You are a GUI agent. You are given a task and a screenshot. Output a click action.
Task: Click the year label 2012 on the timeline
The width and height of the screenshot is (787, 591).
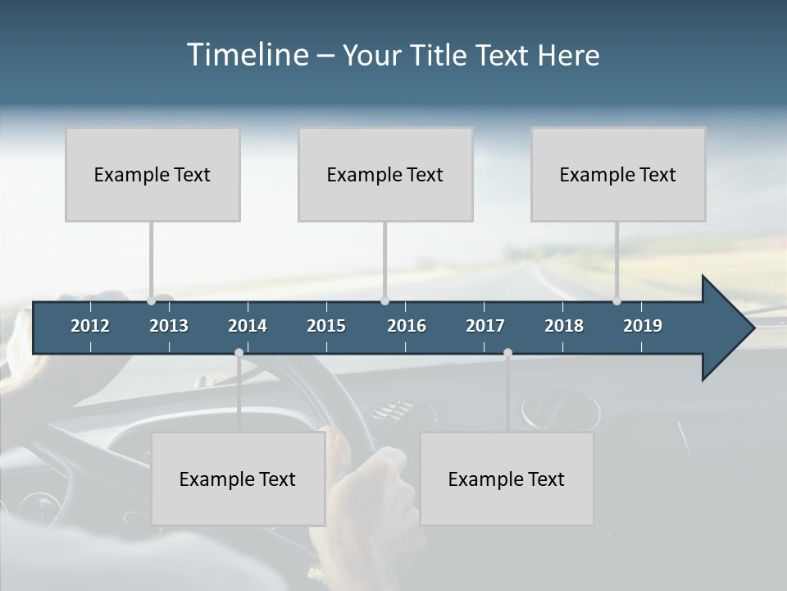[90, 326]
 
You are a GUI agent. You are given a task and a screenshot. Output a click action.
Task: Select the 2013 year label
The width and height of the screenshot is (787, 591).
[169, 326]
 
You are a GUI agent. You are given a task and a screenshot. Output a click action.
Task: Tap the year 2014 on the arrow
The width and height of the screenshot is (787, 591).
[248, 326]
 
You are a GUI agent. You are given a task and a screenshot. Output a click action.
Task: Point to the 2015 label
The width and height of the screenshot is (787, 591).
[326, 326]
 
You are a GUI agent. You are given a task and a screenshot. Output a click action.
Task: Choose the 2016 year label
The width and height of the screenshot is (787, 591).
[407, 326]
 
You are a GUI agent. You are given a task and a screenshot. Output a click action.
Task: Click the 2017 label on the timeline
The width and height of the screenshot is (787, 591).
[485, 326]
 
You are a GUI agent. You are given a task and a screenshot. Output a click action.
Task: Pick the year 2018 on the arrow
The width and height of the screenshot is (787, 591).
[564, 326]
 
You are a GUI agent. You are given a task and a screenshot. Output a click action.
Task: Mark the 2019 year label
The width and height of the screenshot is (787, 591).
[643, 326]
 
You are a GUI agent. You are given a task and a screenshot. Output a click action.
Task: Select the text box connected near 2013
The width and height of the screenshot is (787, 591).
[152, 174]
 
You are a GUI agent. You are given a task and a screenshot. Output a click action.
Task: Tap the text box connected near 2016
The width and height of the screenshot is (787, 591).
[385, 174]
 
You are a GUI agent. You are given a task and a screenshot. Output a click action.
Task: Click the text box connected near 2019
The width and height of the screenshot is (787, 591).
[618, 174]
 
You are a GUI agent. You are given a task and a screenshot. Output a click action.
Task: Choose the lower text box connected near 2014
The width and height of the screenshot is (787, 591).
[238, 479]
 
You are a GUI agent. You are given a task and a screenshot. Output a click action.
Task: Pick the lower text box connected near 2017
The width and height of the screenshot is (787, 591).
[507, 479]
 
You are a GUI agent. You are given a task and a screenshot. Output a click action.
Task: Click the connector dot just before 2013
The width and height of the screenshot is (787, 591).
[152, 300]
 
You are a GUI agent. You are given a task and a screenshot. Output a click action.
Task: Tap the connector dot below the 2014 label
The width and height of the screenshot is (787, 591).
[239, 353]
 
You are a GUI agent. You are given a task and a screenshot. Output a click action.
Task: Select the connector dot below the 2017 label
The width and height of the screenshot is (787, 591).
[507, 353]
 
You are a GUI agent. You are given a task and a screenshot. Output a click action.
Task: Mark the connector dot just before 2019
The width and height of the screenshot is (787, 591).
[617, 300]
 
